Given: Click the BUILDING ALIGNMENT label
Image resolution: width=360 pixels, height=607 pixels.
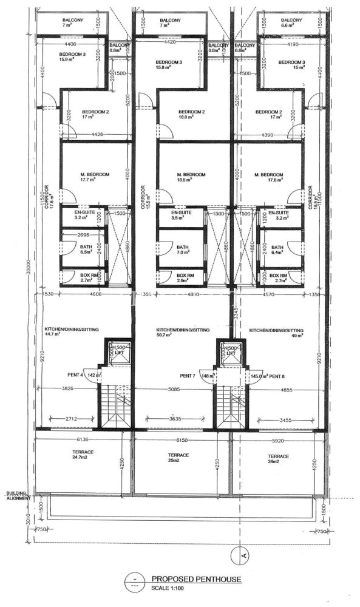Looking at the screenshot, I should click(17, 496).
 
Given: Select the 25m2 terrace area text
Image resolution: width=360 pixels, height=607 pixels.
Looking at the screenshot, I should click(179, 462).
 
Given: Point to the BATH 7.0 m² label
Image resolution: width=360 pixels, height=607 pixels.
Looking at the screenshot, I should click(183, 251).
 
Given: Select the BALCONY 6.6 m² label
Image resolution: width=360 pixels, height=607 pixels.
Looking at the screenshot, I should click(291, 23).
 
